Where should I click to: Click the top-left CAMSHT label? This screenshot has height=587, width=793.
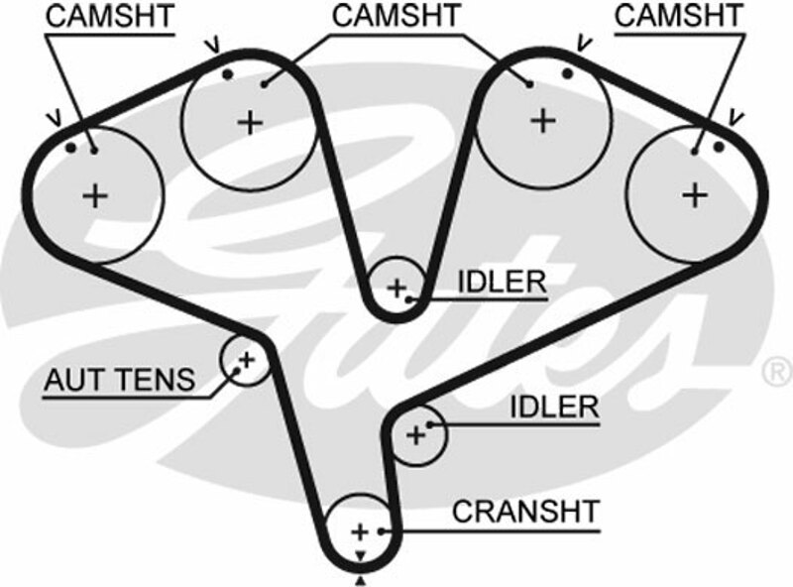coord(109,16)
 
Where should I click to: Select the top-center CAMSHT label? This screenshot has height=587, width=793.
coord(396,16)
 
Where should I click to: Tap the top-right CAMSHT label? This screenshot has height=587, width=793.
coord(679,16)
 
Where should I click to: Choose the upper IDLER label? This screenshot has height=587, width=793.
coord(502,282)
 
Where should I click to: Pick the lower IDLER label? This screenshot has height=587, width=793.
coord(554,407)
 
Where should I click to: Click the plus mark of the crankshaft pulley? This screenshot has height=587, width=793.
coord(360,529)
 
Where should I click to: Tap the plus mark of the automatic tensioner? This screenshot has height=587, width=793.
coord(245,358)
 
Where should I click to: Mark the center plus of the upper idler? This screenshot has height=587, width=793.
coord(396,289)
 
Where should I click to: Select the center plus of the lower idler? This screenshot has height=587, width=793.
coord(415,433)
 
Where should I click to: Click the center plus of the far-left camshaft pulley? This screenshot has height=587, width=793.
coord(95,195)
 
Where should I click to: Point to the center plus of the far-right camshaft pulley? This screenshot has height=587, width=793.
coord(695,194)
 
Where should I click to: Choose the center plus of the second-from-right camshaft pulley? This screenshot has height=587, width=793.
coord(541,120)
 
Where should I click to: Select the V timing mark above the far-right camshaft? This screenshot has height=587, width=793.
coord(736,117)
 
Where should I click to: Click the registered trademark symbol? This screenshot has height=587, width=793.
coord(774,372)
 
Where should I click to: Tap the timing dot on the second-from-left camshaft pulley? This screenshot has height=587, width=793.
coord(227,74)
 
